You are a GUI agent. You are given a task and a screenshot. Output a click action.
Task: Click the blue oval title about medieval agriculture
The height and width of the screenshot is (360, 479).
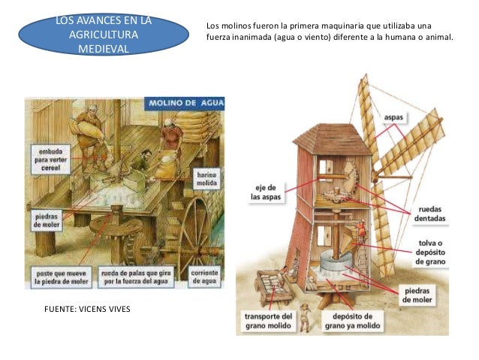click(102, 35)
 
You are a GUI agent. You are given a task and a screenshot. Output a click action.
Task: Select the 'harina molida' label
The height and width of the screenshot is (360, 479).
click(207, 179)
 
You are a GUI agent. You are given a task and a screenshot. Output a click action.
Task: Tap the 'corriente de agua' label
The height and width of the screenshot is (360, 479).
click(203, 276)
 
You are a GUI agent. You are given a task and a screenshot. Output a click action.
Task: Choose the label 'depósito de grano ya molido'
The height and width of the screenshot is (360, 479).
click(353, 322)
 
